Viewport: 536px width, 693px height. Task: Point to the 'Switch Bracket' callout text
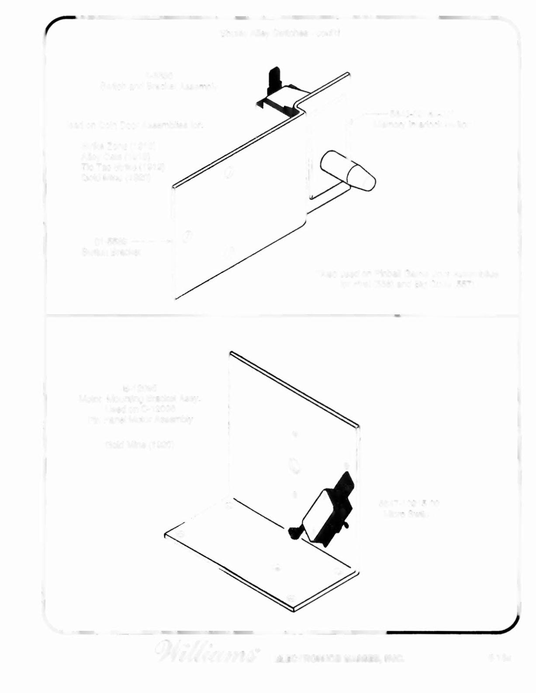point(111,252)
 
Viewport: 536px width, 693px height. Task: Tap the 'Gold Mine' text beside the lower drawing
point(140,445)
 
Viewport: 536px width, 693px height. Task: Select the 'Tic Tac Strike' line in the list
point(123,167)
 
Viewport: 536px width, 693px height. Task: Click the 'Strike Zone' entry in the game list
point(121,146)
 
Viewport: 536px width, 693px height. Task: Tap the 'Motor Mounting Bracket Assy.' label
point(140,398)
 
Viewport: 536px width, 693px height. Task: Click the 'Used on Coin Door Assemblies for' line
point(135,125)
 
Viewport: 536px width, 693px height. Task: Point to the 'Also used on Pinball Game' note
point(407,274)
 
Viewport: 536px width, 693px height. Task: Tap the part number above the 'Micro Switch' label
point(408,503)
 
